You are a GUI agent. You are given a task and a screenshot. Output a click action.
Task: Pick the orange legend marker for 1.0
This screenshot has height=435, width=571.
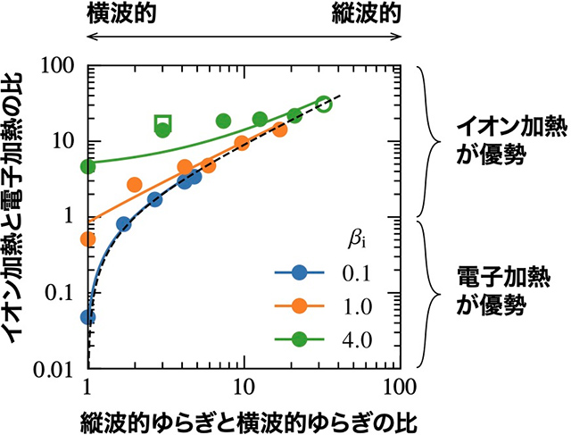[x=300, y=305]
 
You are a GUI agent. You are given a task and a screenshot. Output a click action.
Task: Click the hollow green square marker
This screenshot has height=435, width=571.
[x=162, y=122]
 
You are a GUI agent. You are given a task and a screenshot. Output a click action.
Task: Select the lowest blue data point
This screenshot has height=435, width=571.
[x=87, y=316]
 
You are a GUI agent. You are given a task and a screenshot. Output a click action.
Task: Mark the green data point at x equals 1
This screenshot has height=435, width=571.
[x=87, y=166]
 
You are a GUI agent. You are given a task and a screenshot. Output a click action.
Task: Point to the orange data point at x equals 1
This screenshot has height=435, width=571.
[x=87, y=238]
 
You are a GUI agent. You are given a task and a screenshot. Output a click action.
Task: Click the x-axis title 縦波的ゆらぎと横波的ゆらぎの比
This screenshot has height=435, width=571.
[x=242, y=418]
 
